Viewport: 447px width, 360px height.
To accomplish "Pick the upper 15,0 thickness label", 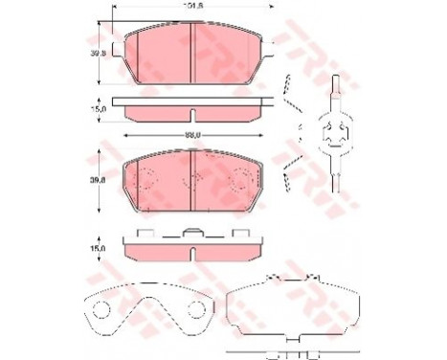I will pos(98,109).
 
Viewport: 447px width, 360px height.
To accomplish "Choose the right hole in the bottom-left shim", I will pos(196,307).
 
